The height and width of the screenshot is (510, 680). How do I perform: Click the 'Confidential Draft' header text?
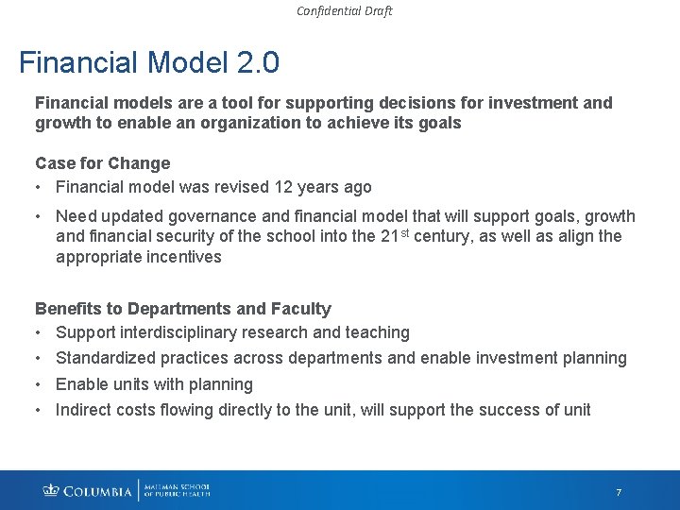(x=344, y=11)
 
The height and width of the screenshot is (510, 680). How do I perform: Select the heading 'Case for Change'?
(x=102, y=163)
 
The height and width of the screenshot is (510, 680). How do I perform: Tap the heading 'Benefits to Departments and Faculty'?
(x=182, y=309)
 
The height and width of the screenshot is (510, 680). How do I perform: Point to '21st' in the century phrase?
(x=399, y=235)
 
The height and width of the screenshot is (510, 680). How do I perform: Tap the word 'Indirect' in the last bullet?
(x=86, y=410)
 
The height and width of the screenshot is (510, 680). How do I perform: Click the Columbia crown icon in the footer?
(x=51, y=491)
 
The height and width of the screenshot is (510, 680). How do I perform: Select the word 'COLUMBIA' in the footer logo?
(x=98, y=491)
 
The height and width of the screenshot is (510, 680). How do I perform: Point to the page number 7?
(x=619, y=493)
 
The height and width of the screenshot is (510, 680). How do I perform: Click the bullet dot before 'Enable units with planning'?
(x=40, y=384)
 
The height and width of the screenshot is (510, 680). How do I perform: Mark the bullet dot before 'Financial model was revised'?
(x=40, y=187)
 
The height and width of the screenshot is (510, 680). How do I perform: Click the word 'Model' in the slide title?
(x=188, y=63)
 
